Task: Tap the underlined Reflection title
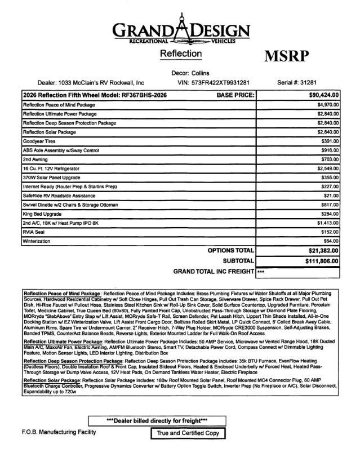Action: pyautogui.click(x=180, y=54)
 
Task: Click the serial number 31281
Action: pyautogui.click(x=316, y=82)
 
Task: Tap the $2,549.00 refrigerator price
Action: pyautogui.click(x=326, y=168)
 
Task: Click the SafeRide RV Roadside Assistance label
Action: pyautogui.click(x=57, y=195)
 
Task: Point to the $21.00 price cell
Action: pyautogui.click(x=330, y=195)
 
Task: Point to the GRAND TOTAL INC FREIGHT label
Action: pyautogui.click(x=215, y=272)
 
